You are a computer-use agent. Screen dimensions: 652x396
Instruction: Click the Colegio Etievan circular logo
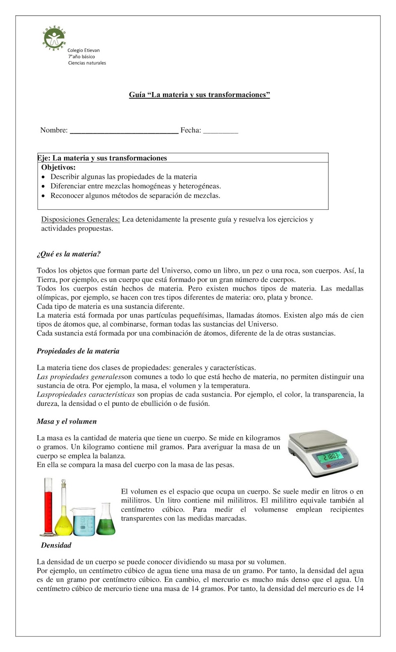[x=54, y=39]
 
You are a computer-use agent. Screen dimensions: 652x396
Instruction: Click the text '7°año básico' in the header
[x=81, y=57]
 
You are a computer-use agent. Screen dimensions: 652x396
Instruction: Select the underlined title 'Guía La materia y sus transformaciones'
[x=199, y=95]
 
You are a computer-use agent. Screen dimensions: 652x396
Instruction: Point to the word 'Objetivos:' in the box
[x=58, y=167]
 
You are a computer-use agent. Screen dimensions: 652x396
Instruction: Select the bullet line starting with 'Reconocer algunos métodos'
[x=135, y=196]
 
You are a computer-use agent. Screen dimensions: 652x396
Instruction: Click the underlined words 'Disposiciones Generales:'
[x=80, y=219]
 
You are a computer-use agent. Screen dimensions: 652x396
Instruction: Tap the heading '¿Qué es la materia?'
[x=69, y=254]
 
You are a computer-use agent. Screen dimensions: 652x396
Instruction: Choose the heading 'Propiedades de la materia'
[x=78, y=351]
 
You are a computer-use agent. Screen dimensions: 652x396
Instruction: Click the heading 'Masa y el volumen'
[x=66, y=421]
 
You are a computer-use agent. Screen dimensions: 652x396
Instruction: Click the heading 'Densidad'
[x=56, y=545]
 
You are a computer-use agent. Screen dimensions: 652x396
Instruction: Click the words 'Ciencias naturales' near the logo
[x=87, y=63]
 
